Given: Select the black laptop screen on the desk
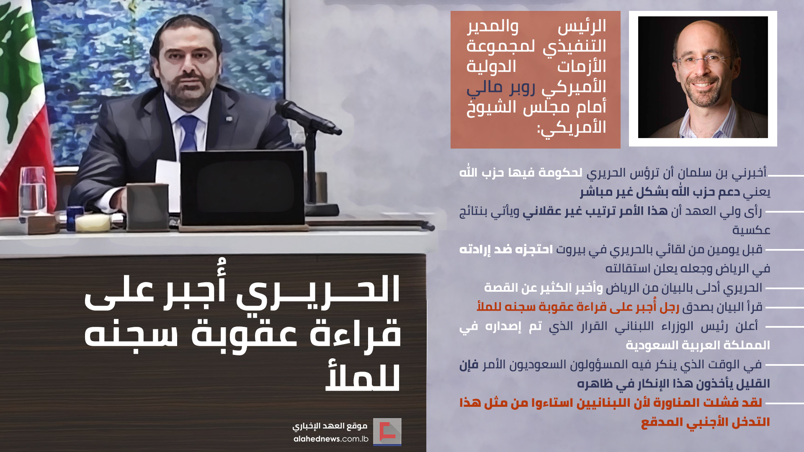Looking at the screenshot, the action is [x=242, y=188].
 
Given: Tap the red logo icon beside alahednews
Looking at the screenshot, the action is [x=387, y=431].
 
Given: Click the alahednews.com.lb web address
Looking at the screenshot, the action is [x=331, y=439].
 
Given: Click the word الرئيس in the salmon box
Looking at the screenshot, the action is [x=582, y=26].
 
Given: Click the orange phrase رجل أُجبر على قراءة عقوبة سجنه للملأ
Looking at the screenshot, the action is [x=578, y=307].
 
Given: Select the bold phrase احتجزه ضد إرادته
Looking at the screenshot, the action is [x=506, y=249].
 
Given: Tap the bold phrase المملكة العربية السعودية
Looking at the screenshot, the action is [x=698, y=345].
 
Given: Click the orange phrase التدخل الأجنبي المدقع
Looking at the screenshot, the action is [x=706, y=422].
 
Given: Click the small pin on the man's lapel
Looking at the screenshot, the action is [x=229, y=119].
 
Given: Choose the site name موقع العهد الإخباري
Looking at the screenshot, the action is [x=330, y=426].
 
